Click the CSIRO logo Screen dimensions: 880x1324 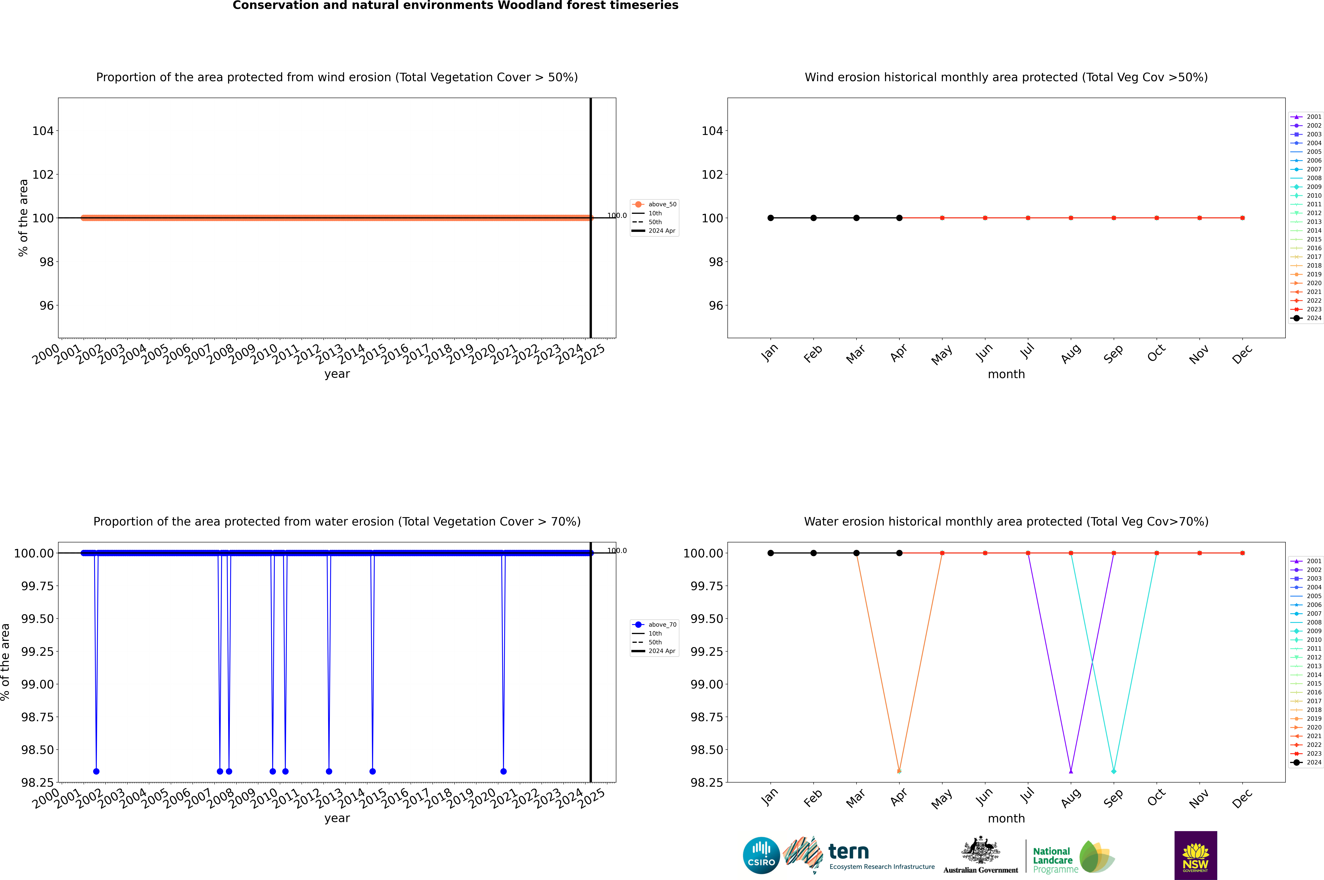click(761, 855)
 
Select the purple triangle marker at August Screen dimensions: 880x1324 click(1071, 771)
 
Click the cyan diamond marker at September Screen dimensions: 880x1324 click(1114, 771)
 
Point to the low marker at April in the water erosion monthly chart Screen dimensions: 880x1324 click(899, 771)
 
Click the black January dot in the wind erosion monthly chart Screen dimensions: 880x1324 click(771, 218)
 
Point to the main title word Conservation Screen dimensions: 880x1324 click(275, 6)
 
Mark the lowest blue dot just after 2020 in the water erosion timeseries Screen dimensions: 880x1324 click(503, 771)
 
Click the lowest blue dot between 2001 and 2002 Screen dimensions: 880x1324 click(97, 771)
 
